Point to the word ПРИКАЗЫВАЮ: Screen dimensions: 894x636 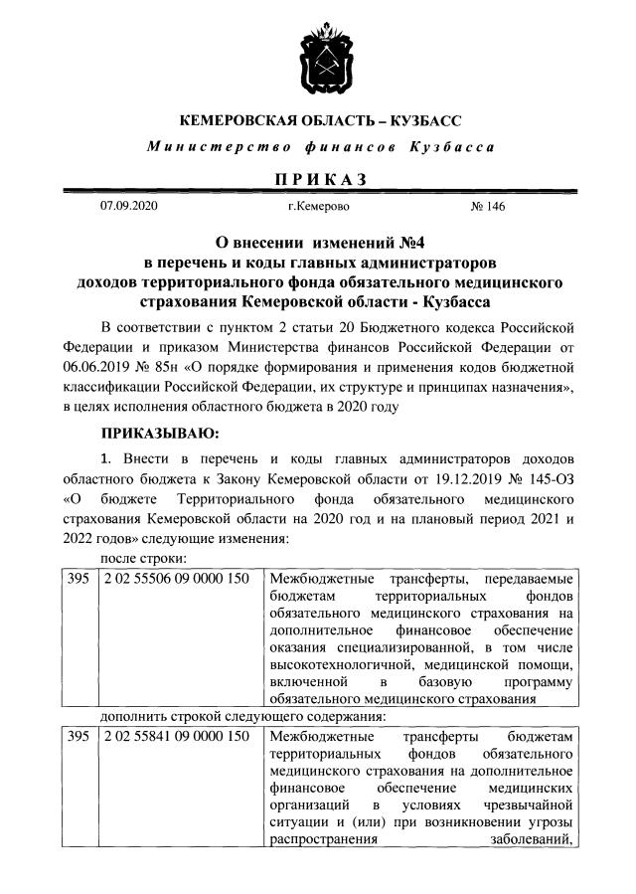(x=159, y=434)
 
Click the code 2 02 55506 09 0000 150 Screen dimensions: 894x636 (x=174, y=579)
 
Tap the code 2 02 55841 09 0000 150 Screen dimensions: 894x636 (x=174, y=737)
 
